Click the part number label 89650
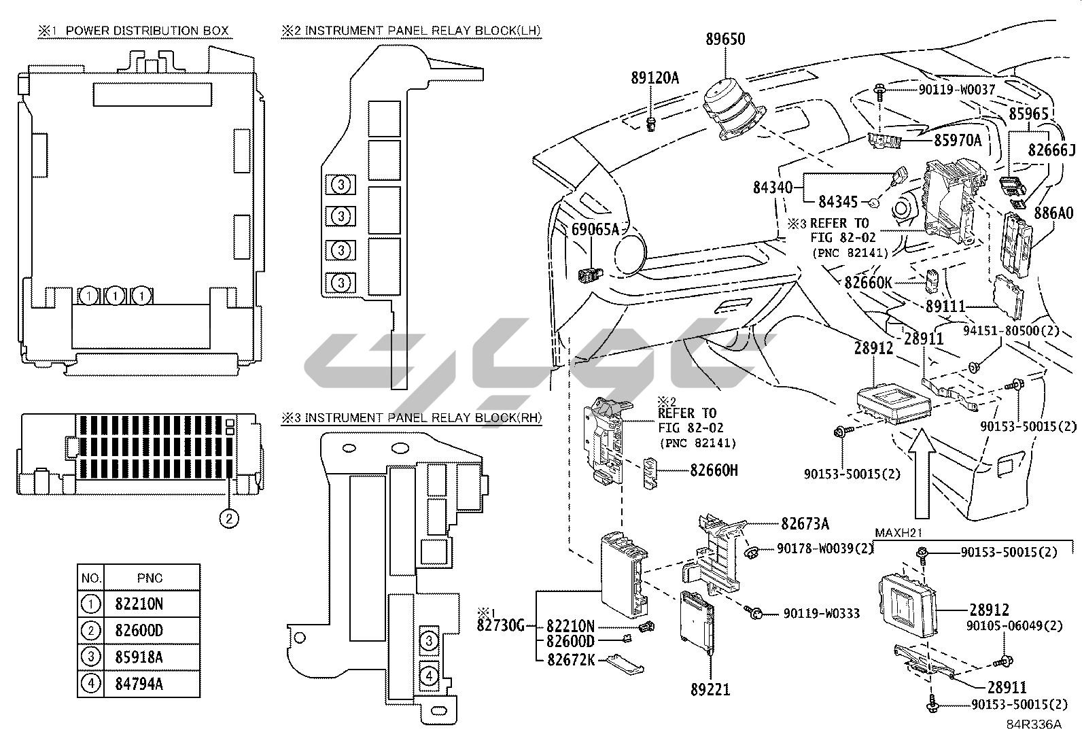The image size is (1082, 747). tap(725, 39)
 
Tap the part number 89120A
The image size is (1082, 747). tap(655, 78)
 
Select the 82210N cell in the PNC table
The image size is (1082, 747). tap(140, 604)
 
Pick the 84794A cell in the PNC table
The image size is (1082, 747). tap(140, 684)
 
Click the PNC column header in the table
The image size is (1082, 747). tap(150, 578)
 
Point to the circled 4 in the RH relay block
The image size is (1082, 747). tap(429, 676)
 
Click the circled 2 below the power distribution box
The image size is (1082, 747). tap(229, 518)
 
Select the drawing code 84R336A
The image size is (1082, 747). tap(1034, 725)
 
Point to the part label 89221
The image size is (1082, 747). tap(710, 691)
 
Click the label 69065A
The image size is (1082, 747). tap(595, 229)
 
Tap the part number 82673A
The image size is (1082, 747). tap(805, 523)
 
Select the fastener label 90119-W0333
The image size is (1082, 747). tap(822, 613)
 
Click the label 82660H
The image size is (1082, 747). tap(714, 470)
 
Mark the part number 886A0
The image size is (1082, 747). tap(1053, 213)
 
